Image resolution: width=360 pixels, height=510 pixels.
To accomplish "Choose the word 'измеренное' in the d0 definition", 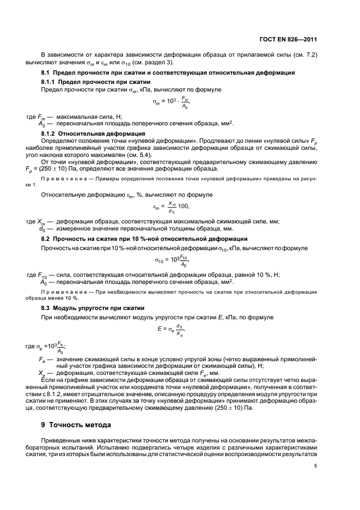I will coord(74,229).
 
